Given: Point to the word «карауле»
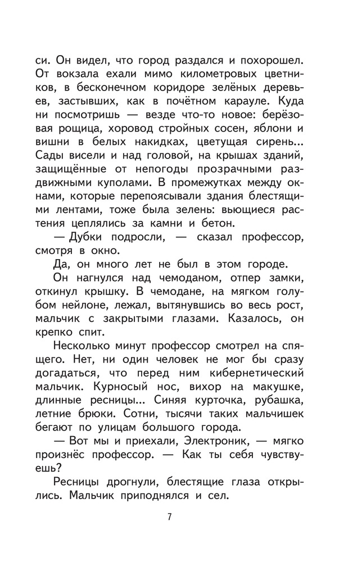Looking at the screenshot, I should click(x=265, y=102).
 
